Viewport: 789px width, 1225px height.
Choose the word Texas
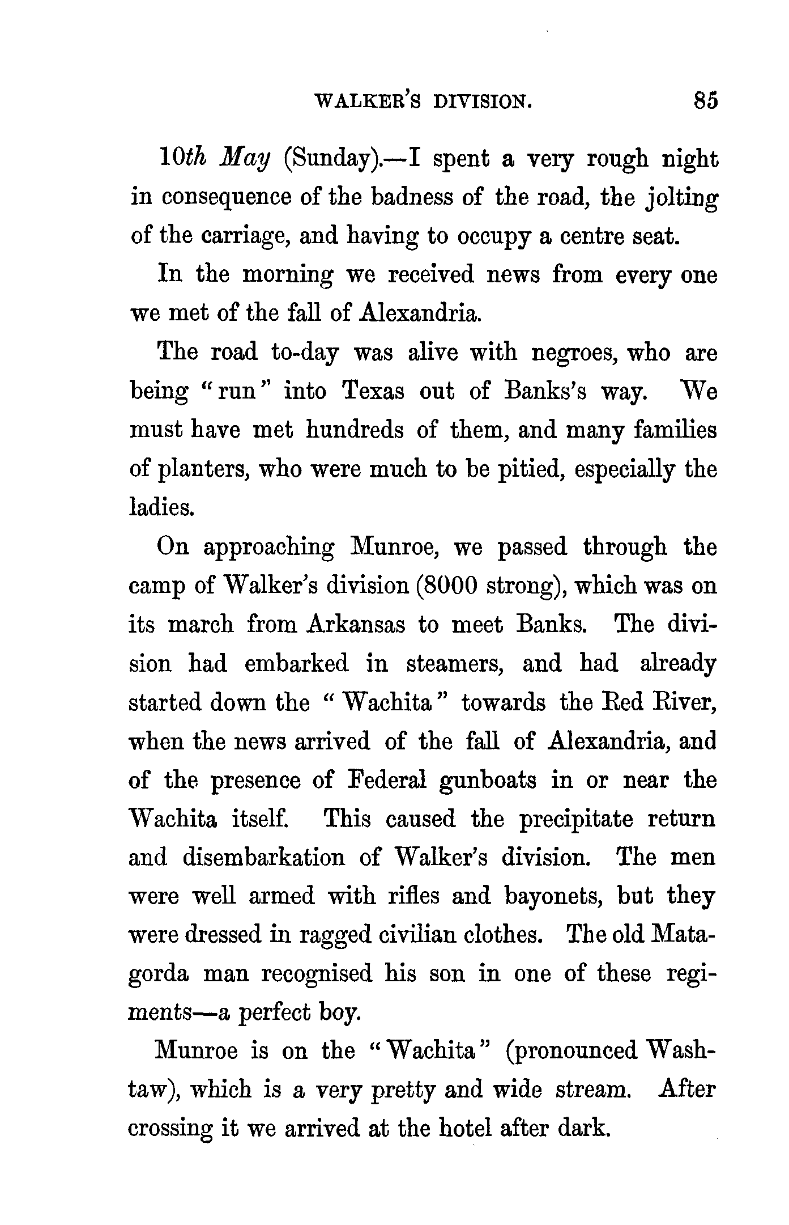tap(373, 392)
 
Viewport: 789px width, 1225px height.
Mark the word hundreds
tap(355, 431)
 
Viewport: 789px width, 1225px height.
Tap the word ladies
tap(162, 508)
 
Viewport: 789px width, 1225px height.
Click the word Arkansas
tap(356, 625)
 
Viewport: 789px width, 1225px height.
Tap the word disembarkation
tap(263, 858)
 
